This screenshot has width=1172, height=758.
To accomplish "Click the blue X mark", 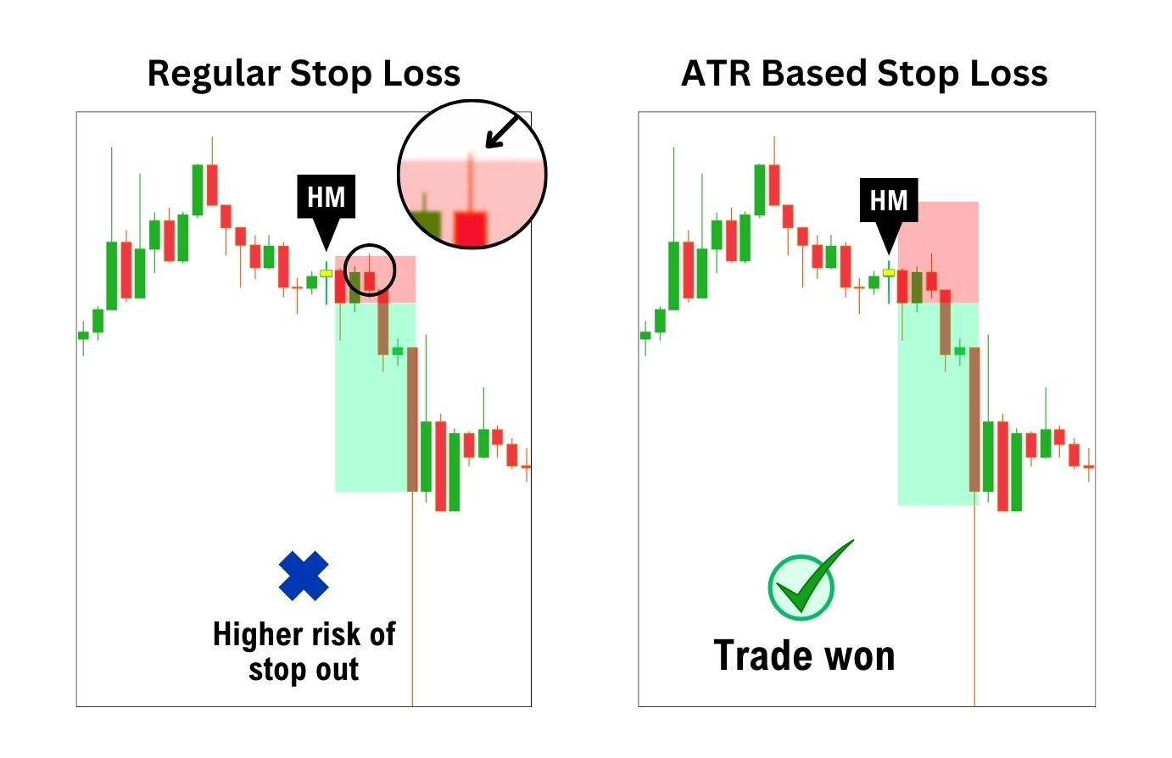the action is tap(304, 576).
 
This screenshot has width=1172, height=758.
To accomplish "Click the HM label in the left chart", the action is tap(326, 197).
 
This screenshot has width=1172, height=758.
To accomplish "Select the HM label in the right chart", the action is tap(889, 200).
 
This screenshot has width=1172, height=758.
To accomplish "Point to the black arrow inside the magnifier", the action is tap(502, 131).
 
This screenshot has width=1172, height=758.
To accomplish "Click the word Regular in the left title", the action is tap(215, 73).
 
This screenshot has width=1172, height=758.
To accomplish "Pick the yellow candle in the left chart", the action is tap(326, 273).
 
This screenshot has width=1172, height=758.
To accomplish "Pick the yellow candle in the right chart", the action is tap(889, 272).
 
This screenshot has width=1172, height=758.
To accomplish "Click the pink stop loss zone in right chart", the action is tap(938, 252).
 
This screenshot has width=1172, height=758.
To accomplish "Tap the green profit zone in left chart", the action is tap(375, 397).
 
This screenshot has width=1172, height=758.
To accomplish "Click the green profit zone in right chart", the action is tap(938, 404).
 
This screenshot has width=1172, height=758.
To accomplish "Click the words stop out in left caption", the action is tap(304, 670).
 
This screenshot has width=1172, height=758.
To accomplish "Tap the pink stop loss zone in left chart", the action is tap(375, 279).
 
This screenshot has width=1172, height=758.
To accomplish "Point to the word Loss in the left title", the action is tap(421, 73).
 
